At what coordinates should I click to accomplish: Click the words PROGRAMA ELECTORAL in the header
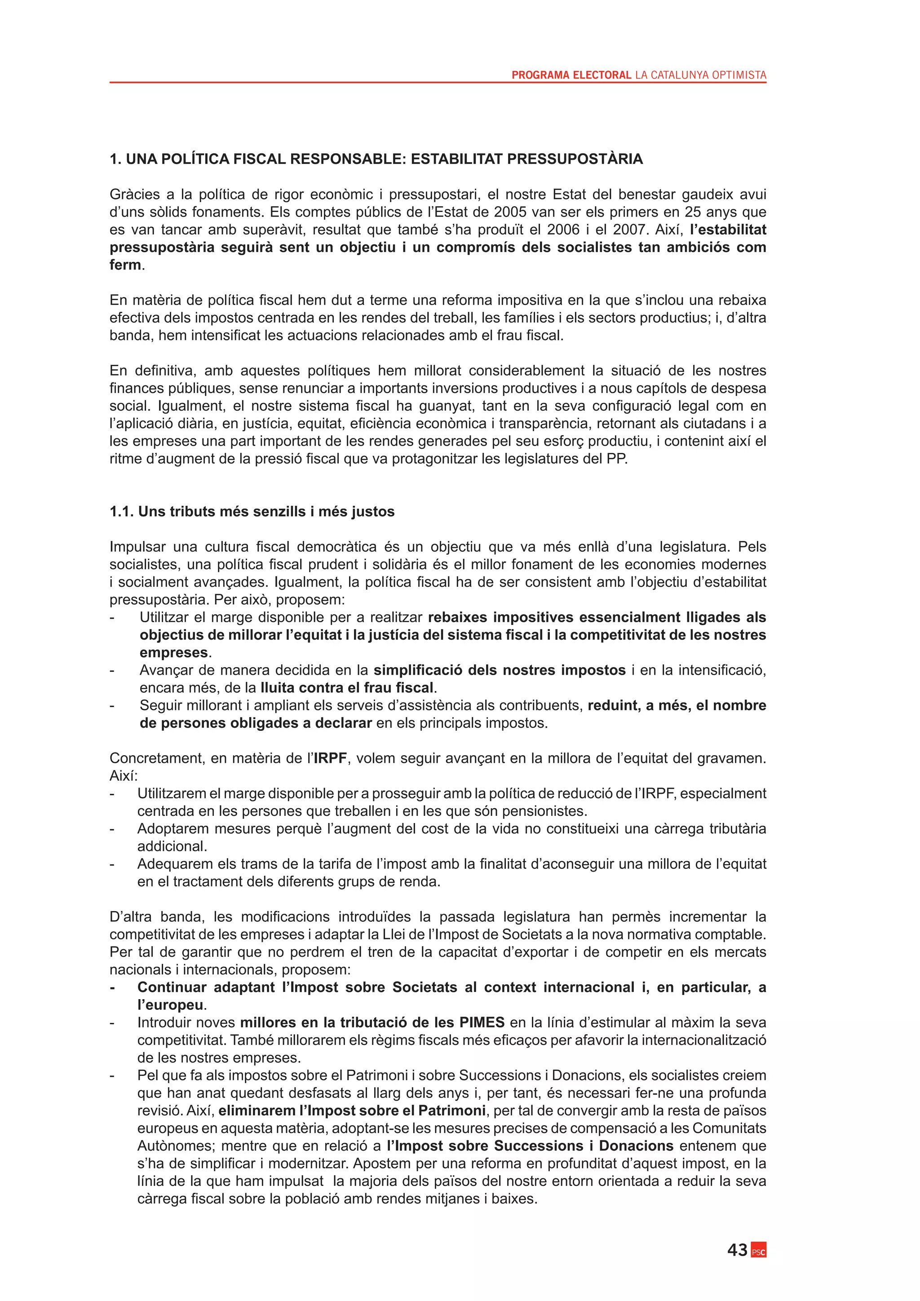click(x=571, y=75)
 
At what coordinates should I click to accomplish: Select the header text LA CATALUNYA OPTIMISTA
click(x=701, y=75)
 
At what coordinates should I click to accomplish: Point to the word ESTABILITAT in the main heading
click(x=456, y=159)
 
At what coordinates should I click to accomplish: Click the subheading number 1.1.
click(x=122, y=512)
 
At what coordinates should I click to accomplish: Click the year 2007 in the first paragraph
click(x=630, y=230)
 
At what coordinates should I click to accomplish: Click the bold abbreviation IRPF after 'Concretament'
click(x=330, y=758)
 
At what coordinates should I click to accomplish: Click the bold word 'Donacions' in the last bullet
click(x=636, y=1146)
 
